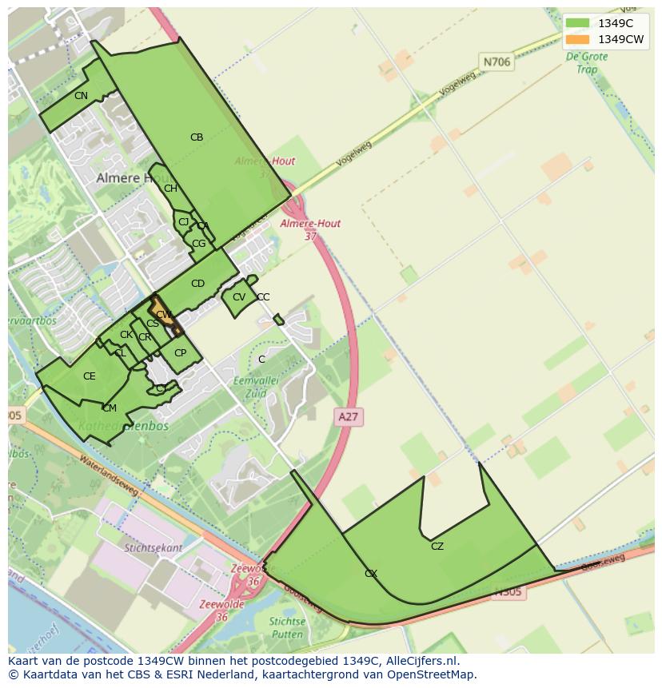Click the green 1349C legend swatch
576,23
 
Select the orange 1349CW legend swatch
576,39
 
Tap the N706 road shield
496,62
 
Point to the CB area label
197,137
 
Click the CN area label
81,96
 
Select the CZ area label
437,547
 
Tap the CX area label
371,574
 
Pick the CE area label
90,376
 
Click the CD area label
197,284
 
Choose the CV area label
239,297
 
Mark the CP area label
180,353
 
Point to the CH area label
170,189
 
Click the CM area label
110,408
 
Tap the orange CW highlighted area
163,315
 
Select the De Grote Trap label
587,63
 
